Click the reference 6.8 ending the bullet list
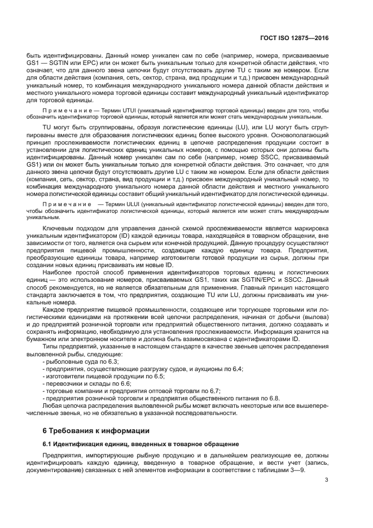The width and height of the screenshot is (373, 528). (x=274, y=398)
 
